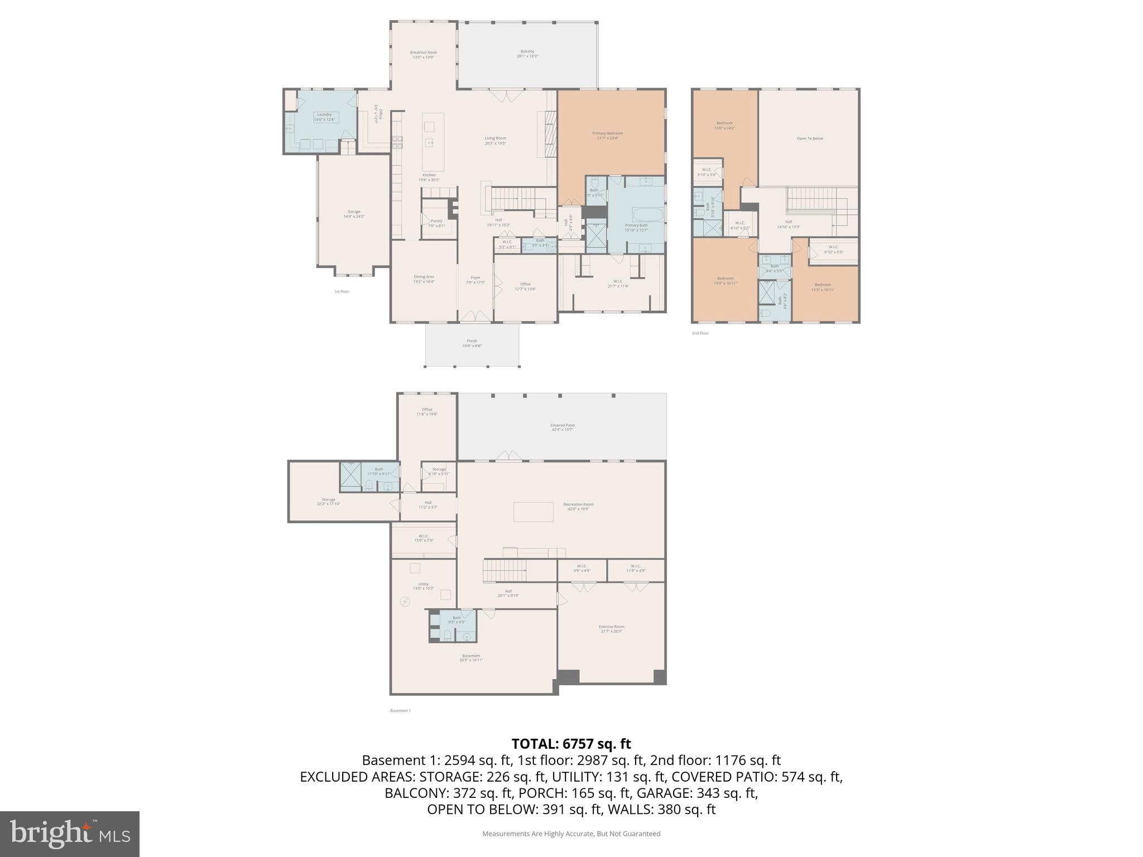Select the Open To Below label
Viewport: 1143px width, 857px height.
809,138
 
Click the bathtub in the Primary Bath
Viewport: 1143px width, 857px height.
647,215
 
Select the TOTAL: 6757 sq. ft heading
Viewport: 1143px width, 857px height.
571,744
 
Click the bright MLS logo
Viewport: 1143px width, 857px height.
69,834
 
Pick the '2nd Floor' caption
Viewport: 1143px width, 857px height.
700,333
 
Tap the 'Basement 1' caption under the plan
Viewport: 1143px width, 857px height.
400,710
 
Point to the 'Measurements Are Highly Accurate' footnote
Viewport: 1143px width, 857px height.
571,834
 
